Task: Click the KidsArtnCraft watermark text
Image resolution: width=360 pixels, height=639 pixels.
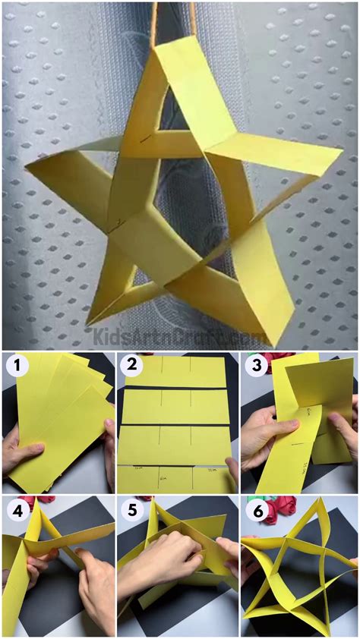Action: (179, 334)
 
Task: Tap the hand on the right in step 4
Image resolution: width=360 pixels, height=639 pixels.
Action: (95, 592)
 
